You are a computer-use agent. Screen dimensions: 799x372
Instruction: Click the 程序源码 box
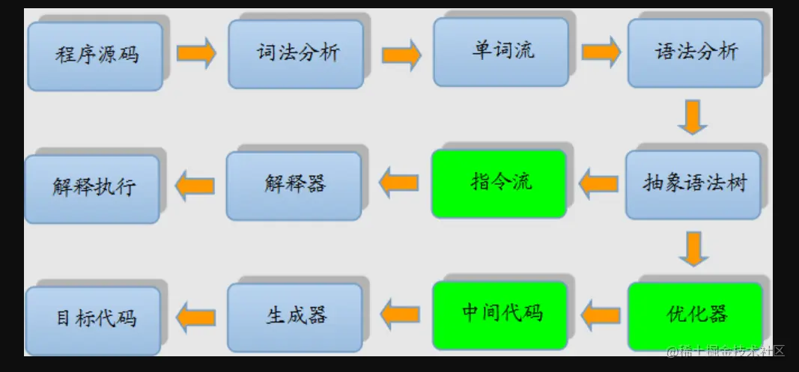95,55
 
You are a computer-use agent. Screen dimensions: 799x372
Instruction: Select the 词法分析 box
296,53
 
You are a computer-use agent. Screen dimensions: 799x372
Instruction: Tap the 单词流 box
500,51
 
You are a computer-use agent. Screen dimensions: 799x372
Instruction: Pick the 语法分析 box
695,52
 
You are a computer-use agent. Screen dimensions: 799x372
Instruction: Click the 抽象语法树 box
693,184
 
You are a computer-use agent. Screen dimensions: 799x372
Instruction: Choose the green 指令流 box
499,183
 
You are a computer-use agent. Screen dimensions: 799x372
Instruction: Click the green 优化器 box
695,315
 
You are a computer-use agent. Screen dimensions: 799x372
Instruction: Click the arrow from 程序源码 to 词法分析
196,53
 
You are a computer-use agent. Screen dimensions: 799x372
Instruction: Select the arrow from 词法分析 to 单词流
401,54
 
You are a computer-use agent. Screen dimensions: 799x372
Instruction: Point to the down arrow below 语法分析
692,117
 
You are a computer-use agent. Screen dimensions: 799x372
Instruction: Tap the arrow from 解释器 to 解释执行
195,184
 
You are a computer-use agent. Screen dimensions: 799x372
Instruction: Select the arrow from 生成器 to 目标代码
195,317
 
